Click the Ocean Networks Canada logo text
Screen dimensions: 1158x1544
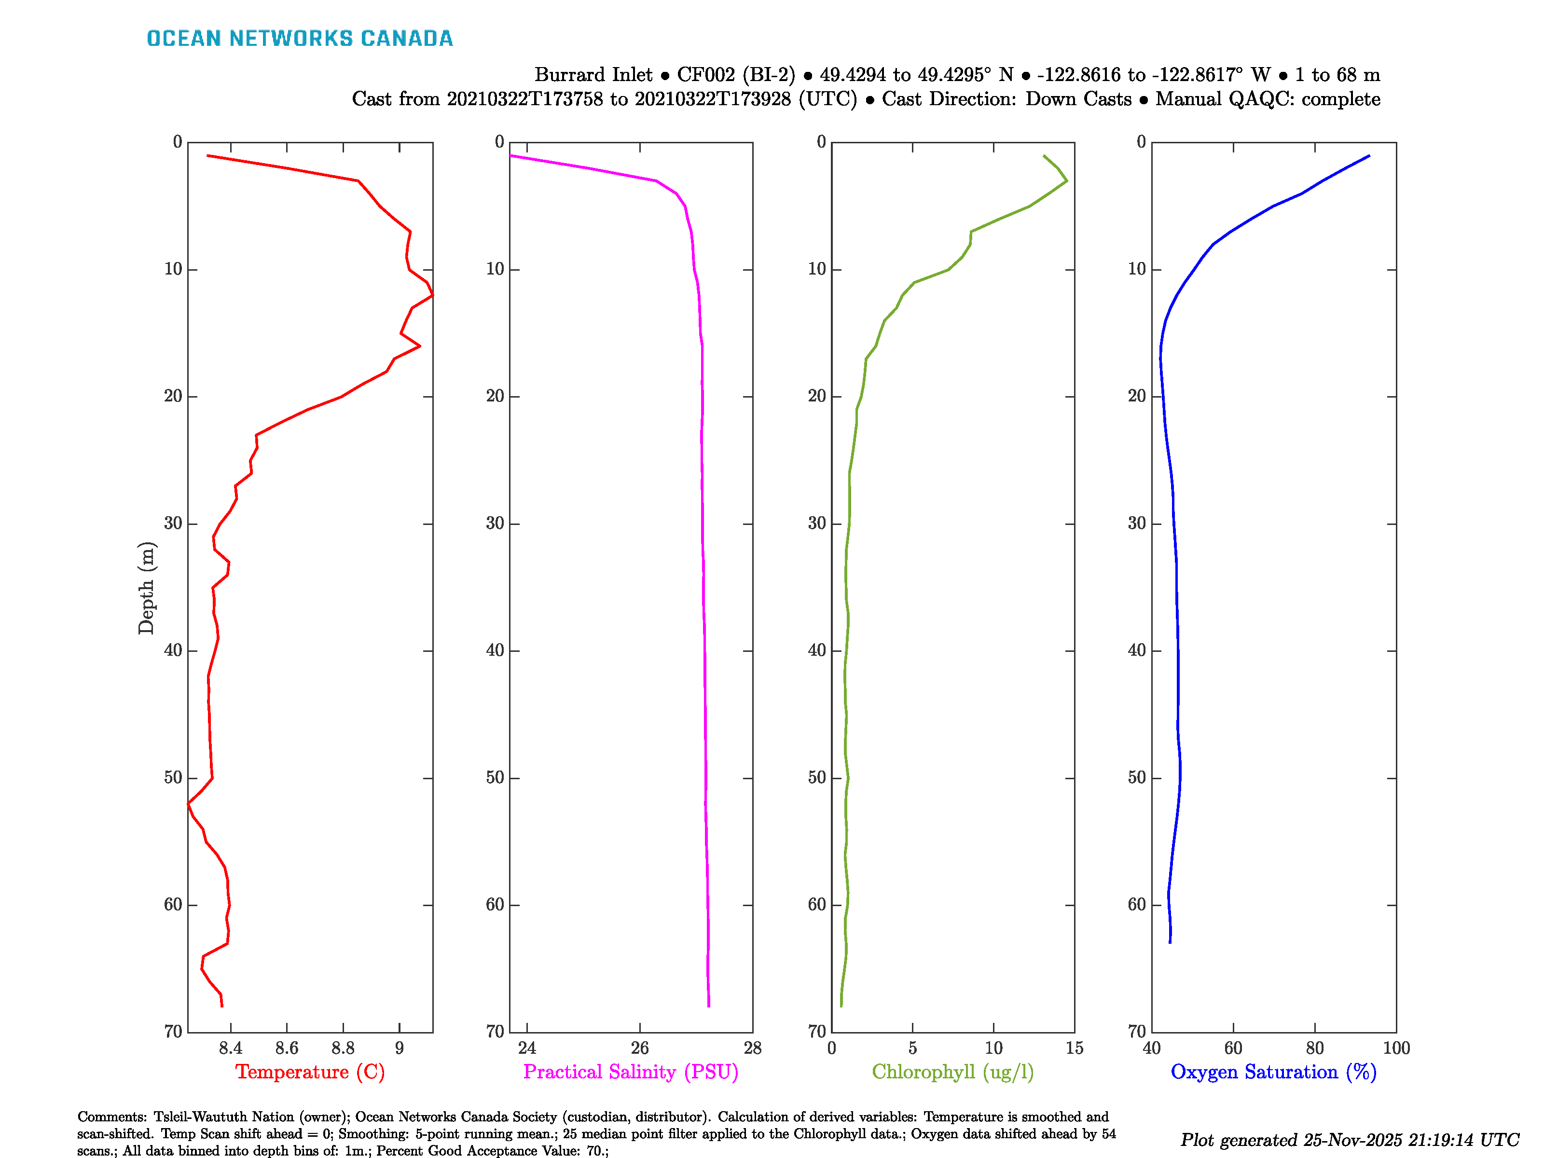pyautogui.click(x=300, y=39)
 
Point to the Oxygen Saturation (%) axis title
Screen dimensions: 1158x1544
pyautogui.click(x=1273, y=1072)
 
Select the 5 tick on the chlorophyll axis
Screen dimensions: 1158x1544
pyautogui.click(x=912, y=1048)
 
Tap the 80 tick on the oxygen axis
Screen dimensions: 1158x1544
pyautogui.click(x=1314, y=1048)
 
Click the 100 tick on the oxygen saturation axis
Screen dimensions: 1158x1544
pyautogui.click(x=1396, y=1048)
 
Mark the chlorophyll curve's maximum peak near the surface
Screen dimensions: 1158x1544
pyautogui.click(x=1066, y=181)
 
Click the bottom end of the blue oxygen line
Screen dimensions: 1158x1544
pyautogui.click(x=1170, y=942)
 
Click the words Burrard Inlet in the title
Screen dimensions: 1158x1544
pyautogui.click(x=593, y=75)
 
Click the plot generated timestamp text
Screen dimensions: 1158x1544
pyautogui.click(x=1349, y=1140)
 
